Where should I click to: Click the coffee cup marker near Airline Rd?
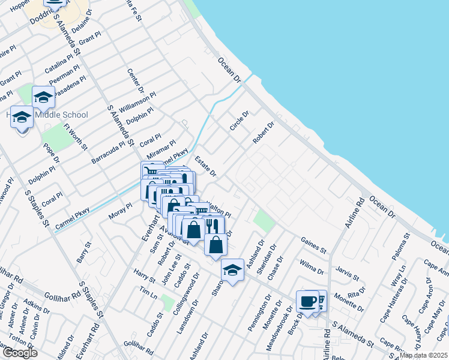(x=307, y=302)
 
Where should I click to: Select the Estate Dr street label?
(x=205, y=166)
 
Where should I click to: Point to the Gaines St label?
(x=313, y=244)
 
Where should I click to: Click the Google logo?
(x=19, y=353)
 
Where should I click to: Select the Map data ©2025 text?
(x=423, y=355)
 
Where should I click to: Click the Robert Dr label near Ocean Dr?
(x=263, y=133)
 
